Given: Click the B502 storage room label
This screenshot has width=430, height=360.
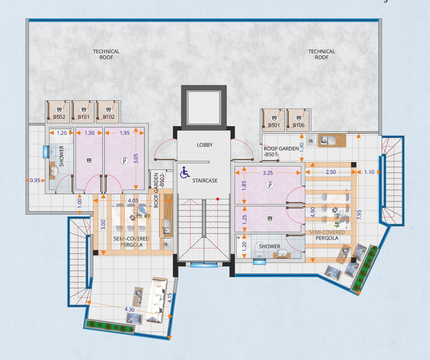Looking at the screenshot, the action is pos(59,117).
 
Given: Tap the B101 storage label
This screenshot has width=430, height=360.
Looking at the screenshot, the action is pos(84,117).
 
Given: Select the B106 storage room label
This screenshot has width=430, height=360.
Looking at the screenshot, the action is pos(299,125).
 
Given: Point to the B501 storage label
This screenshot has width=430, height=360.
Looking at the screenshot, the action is pos(274,125).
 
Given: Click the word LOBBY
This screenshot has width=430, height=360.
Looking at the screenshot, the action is pos(205,145).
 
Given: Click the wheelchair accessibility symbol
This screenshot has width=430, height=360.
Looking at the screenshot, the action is pos(185,172).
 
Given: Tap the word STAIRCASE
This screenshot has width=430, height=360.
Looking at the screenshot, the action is pos(205,181).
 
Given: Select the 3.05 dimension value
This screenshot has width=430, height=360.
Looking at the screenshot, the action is pos(136,158).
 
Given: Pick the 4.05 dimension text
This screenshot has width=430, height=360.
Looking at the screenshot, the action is pos(133,200).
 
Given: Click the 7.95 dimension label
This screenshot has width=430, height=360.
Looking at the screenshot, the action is pos(359,215).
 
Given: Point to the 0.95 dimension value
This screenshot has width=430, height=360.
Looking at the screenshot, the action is pos(35,180).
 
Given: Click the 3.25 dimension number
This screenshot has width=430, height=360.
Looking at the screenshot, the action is pos(268,173).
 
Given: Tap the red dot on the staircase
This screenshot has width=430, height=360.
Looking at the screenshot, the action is pos(218,199).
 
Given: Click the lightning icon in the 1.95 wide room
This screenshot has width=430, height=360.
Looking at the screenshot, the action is pos(124,160).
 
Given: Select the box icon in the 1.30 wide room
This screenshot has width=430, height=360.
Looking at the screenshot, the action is pos(89,160).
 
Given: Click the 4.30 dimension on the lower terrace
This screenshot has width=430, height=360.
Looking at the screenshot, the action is pos(129,310).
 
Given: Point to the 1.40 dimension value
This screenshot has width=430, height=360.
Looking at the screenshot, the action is pos(302,147).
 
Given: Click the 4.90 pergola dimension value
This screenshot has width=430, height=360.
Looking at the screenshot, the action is pos(313,212).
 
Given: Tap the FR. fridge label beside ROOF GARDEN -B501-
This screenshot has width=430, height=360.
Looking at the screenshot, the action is pos(311,141).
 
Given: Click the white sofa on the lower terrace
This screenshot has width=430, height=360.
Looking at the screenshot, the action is pos(157,300).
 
